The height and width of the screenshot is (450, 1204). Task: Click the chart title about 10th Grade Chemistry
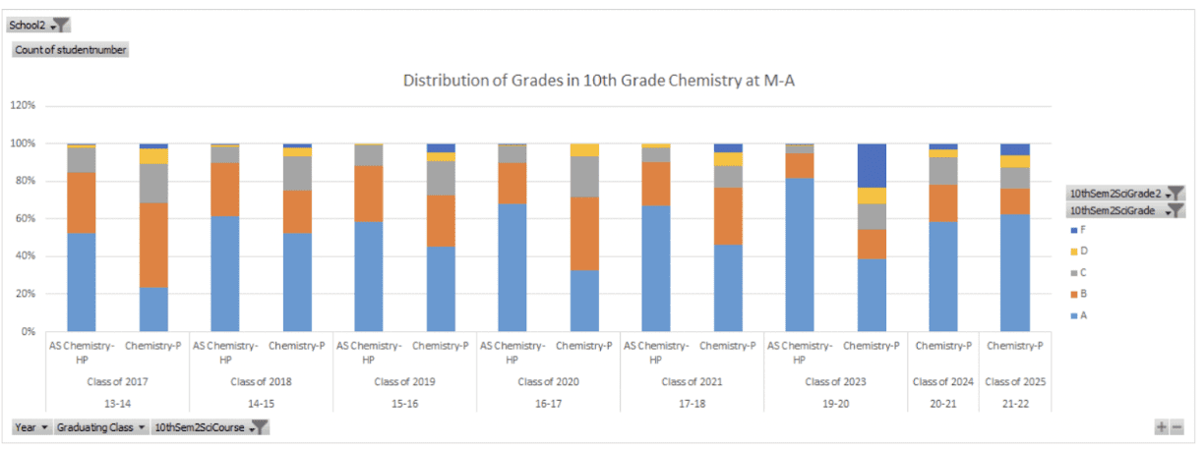(598, 81)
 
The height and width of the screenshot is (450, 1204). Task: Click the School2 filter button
(38, 25)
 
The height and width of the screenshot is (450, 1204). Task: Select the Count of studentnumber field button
(70, 49)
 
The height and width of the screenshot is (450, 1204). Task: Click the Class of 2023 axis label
(833, 381)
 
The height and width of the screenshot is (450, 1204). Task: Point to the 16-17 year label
(546, 404)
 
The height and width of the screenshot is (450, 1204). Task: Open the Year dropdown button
(31, 427)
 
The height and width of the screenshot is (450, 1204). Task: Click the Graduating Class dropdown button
(101, 427)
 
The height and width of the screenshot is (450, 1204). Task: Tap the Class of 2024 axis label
(941, 381)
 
